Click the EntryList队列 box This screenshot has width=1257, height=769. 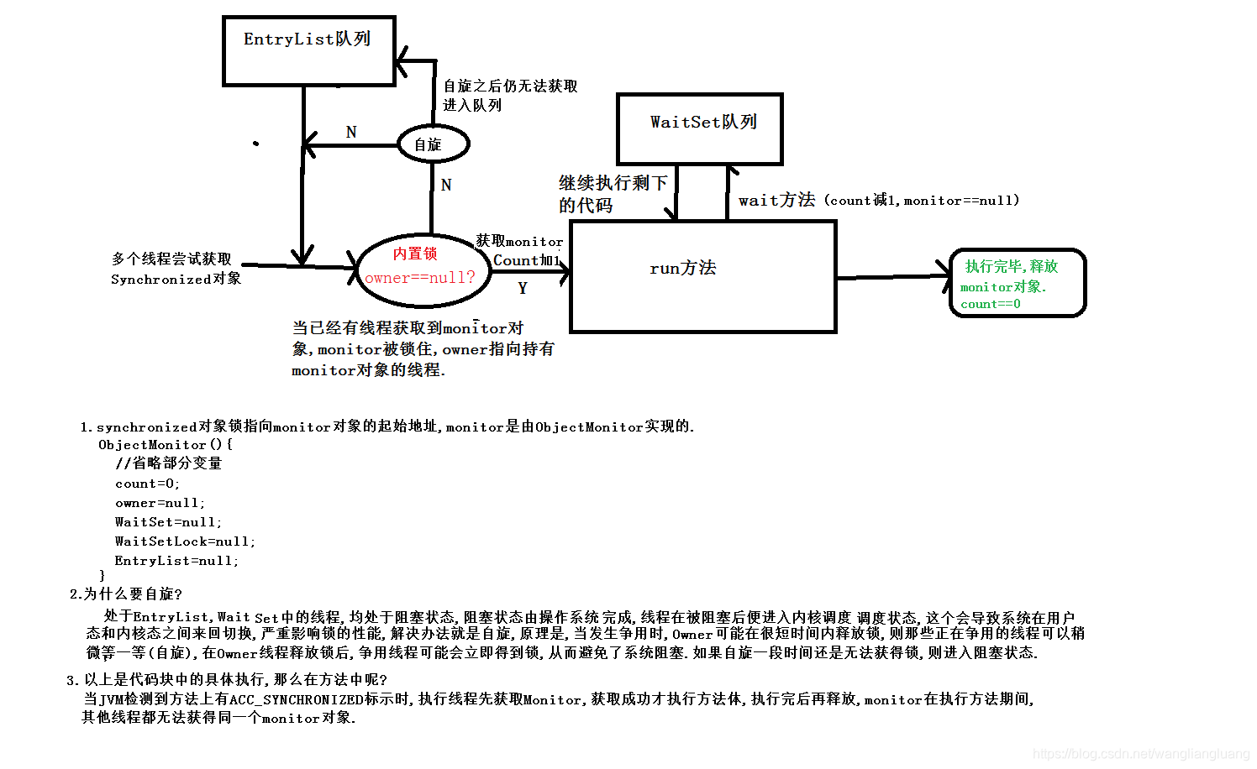click(x=308, y=50)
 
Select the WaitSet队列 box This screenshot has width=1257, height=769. click(x=699, y=128)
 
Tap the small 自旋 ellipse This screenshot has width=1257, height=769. click(x=431, y=144)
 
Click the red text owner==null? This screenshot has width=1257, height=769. click(x=419, y=278)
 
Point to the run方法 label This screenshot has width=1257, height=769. click(x=682, y=268)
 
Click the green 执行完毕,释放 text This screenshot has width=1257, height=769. click(x=1011, y=266)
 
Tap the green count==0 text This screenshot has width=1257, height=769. click(x=990, y=304)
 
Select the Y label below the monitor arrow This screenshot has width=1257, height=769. click(x=523, y=288)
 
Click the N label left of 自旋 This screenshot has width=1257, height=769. click(x=351, y=132)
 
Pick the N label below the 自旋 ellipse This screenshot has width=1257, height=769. click(x=446, y=185)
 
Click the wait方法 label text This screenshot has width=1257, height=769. click(x=776, y=200)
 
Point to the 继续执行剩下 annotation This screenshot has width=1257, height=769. click(x=613, y=183)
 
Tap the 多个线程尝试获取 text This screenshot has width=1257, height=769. click(x=171, y=259)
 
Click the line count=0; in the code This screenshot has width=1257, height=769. click(x=147, y=484)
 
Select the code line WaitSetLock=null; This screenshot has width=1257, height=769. click(x=185, y=541)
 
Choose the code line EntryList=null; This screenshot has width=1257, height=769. click(x=176, y=561)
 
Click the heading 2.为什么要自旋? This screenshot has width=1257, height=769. click(x=126, y=594)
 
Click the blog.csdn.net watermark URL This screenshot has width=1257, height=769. click(x=1140, y=754)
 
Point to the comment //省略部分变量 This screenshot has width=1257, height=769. click(x=168, y=463)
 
